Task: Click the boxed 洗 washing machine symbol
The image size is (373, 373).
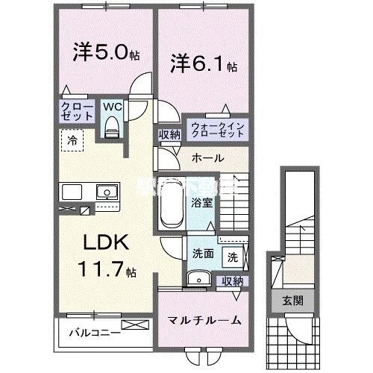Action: (232, 257)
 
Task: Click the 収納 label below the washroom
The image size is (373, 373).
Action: (232, 282)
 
